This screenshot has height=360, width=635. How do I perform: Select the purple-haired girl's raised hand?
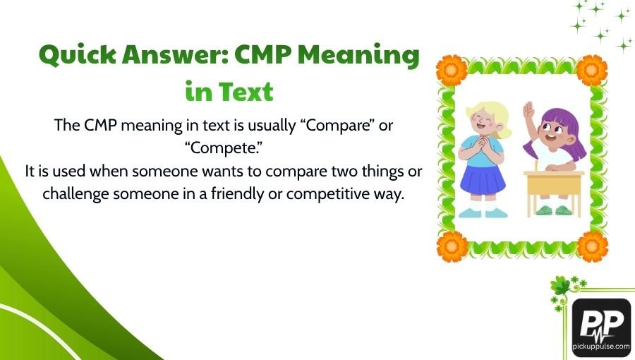(528, 110)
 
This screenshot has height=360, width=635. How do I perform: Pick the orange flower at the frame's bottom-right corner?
(591, 246)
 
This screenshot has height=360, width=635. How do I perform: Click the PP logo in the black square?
(600, 323)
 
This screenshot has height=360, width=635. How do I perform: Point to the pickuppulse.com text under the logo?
(601, 349)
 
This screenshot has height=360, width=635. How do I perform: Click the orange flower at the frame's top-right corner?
(591, 69)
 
